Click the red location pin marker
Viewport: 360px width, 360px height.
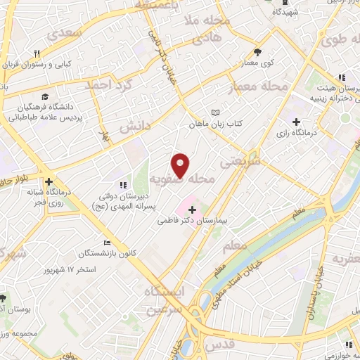(x=181, y=165)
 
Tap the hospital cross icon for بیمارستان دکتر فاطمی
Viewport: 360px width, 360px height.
(x=192, y=210)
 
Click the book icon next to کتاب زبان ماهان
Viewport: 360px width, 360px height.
(x=216, y=112)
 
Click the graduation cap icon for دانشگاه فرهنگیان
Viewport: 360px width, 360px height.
(x=45, y=97)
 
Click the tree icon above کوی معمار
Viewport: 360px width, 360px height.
(x=257, y=51)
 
